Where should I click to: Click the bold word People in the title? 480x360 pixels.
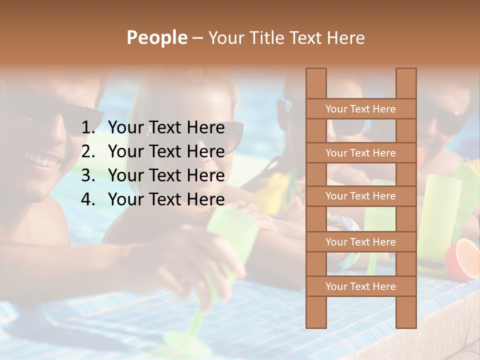(x=156, y=37)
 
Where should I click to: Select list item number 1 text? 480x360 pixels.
(x=166, y=128)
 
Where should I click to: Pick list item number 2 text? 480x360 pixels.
(x=166, y=151)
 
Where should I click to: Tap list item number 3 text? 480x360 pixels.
(x=166, y=175)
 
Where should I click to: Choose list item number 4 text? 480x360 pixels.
(x=166, y=199)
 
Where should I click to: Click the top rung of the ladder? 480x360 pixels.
(x=360, y=109)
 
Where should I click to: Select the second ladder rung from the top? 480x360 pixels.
(x=360, y=153)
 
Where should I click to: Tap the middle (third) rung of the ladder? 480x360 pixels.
(x=360, y=196)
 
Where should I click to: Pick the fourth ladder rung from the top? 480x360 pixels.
(x=360, y=242)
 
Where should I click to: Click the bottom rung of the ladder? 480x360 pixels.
(x=360, y=286)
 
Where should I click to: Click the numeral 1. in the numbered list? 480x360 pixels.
(x=88, y=128)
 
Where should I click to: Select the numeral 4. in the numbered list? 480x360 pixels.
(x=88, y=199)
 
